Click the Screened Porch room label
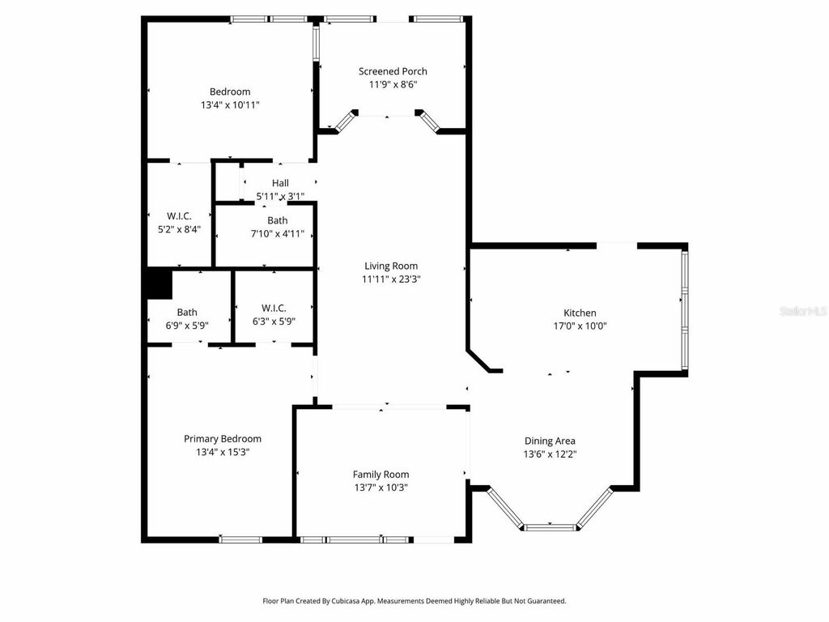coord(393,71)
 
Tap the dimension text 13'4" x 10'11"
coord(230,104)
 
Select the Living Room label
coord(391,266)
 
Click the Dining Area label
coord(550,441)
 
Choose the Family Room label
coord(380,475)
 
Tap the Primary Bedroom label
coord(223,439)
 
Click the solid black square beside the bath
coord(159,283)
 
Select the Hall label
coord(280,183)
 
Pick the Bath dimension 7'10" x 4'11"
coord(278,234)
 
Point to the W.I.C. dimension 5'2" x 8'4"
coord(179,229)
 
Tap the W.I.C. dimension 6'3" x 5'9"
coord(274,321)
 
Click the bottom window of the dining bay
coord(551,527)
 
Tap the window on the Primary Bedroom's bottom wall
coord(241,539)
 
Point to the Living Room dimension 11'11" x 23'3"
coord(391,279)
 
